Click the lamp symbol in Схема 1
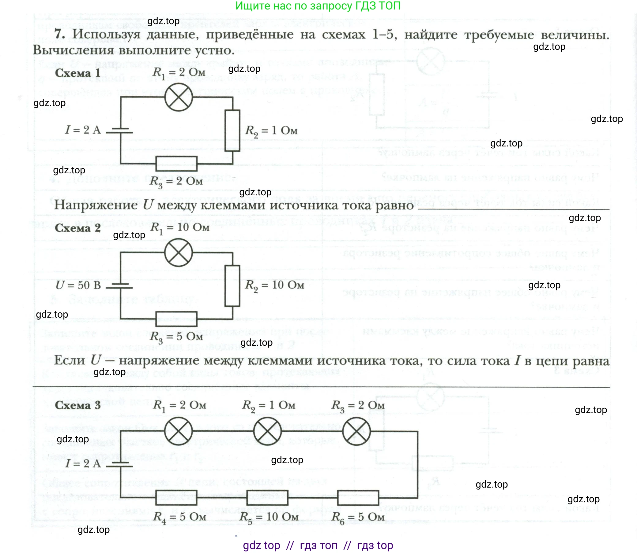click(178, 97)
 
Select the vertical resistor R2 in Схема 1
click(232, 130)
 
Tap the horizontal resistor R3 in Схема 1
click(176, 164)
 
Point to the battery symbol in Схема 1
click(120, 130)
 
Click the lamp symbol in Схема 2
click(178, 253)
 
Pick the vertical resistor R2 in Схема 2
click(232, 286)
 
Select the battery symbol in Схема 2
click(120, 286)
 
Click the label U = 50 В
click(78, 285)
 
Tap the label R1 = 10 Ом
click(179, 228)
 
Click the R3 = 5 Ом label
click(176, 337)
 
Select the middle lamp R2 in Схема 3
click(267, 431)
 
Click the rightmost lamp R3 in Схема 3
click(356, 431)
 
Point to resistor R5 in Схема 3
click(267, 497)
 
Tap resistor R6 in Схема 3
click(358, 497)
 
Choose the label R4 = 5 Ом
click(179, 517)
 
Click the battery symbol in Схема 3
click(120, 464)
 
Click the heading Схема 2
click(78, 228)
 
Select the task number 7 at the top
click(59, 34)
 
